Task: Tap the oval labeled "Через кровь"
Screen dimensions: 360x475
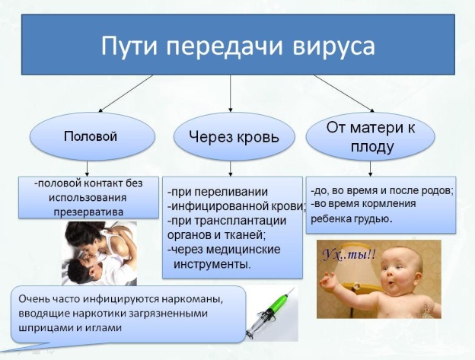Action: click(232, 137)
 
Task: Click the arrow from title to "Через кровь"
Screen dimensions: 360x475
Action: click(231, 94)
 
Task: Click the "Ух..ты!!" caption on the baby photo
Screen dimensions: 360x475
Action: click(345, 253)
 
